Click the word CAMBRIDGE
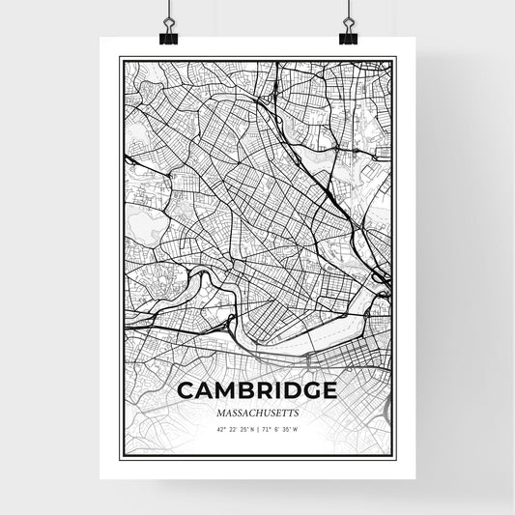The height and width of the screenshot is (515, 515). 257,390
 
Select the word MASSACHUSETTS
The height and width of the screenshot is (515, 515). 257,411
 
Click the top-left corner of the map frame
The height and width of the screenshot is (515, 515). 119,57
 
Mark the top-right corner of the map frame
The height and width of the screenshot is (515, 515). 396,57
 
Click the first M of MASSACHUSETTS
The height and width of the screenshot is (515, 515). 221,411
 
